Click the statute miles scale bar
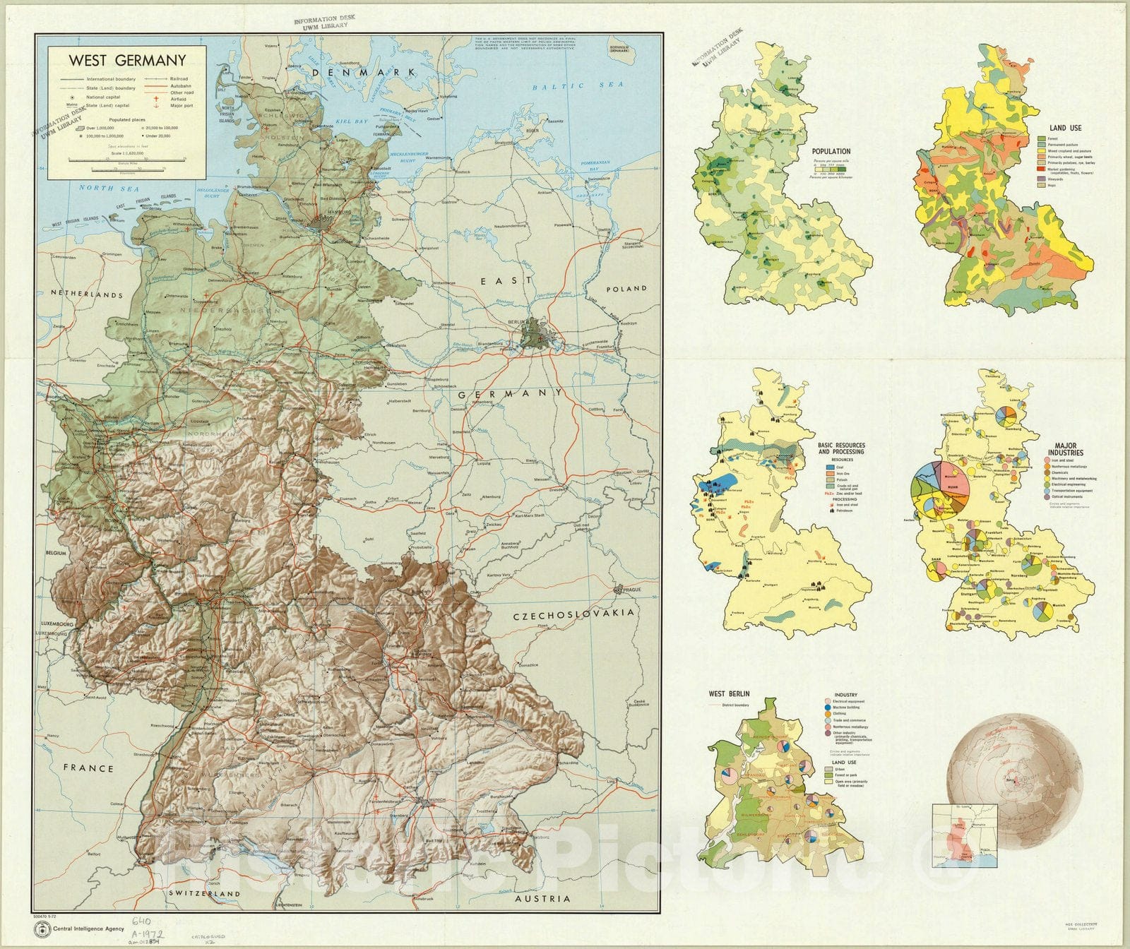117,160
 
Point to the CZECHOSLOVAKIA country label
573,613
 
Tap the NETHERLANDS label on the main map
86,294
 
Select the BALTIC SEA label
577,86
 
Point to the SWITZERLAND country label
203,893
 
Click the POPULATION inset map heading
831,152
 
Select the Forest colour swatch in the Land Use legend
1041,139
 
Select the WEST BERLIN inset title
729,694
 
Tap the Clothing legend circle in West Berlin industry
828,714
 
